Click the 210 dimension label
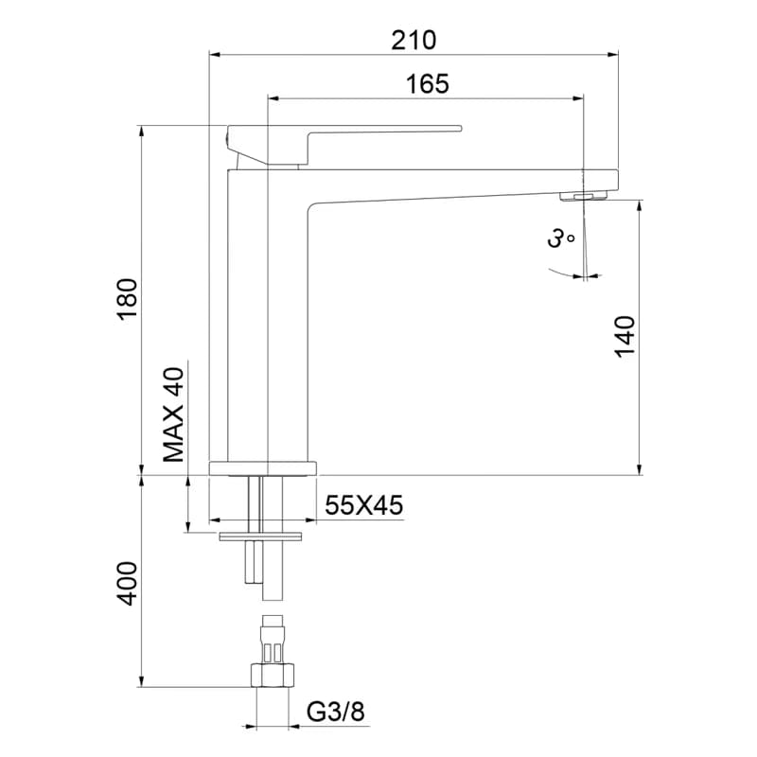(414, 40)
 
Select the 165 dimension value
(428, 84)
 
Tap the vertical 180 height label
(128, 299)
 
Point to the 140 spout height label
(625, 337)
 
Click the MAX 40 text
(173, 414)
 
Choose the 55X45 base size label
(363, 505)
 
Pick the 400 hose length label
(128, 583)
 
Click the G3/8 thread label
(336, 712)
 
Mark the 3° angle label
(560, 238)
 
